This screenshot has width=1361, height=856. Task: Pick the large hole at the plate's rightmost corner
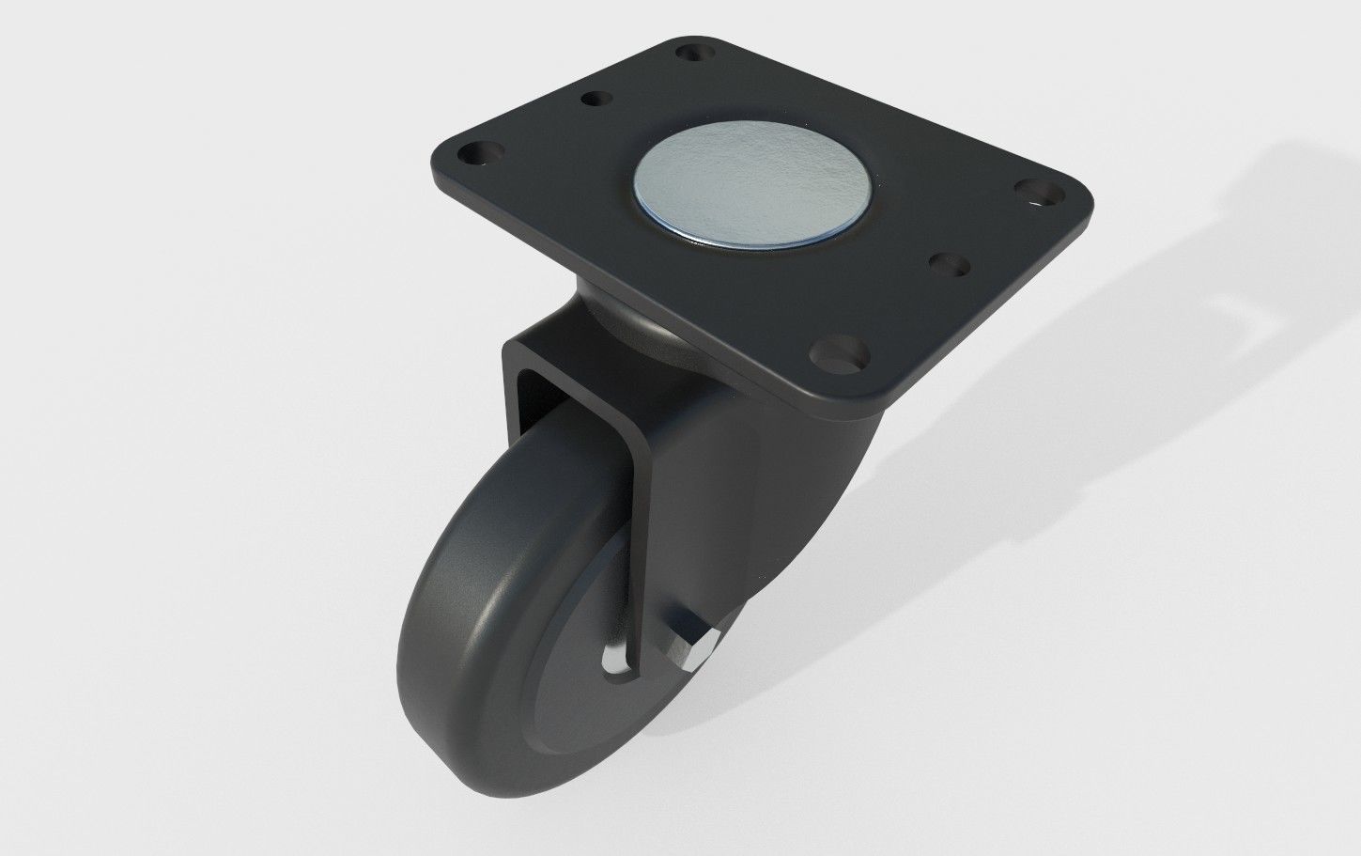click(x=1039, y=195)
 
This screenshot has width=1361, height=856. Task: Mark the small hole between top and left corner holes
click(x=595, y=98)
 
